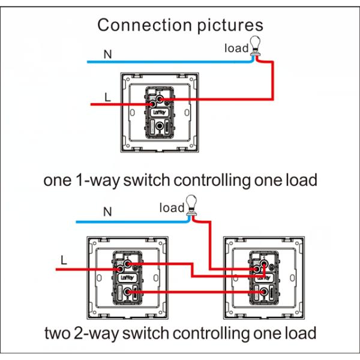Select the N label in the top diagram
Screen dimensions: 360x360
[x=107, y=55]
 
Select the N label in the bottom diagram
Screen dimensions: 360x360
[x=107, y=212]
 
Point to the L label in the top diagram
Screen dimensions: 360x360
[x=107, y=97]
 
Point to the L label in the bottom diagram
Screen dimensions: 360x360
[x=64, y=260]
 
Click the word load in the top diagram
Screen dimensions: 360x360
[x=236, y=48]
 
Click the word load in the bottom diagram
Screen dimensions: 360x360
[x=171, y=208]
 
